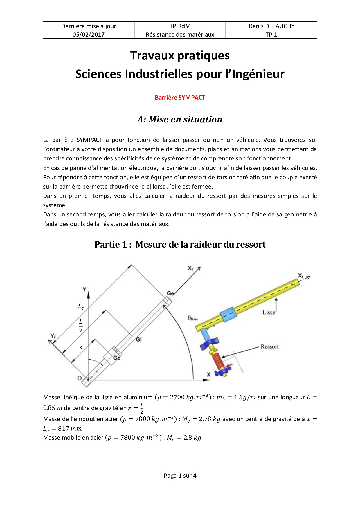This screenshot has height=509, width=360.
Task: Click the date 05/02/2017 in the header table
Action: tap(89, 35)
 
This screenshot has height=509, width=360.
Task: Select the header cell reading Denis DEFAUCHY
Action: tap(271, 26)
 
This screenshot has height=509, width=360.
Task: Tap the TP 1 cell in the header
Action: tap(271, 35)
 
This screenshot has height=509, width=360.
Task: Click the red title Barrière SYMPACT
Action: tap(180, 98)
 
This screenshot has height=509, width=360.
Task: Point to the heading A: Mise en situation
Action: tap(180, 119)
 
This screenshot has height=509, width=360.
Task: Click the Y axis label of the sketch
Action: tap(84, 289)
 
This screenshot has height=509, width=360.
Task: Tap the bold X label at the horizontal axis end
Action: tap(208, 375)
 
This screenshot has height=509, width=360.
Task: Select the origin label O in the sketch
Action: tap(80, 378)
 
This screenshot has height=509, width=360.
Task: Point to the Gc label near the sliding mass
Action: tap(117, 358)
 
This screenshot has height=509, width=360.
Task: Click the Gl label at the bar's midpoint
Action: tap(139, 339)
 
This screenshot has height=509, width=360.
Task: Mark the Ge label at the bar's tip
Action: tap(170, 293)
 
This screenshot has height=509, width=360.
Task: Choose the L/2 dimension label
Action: tap(81, 326)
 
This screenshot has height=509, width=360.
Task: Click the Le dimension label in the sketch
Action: tap(81, 306)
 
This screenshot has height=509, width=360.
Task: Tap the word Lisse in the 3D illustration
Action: tap(269, 313)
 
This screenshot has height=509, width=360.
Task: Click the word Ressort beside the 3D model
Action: tap(269, 346)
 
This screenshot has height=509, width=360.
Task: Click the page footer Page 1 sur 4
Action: tap(180, 476)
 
